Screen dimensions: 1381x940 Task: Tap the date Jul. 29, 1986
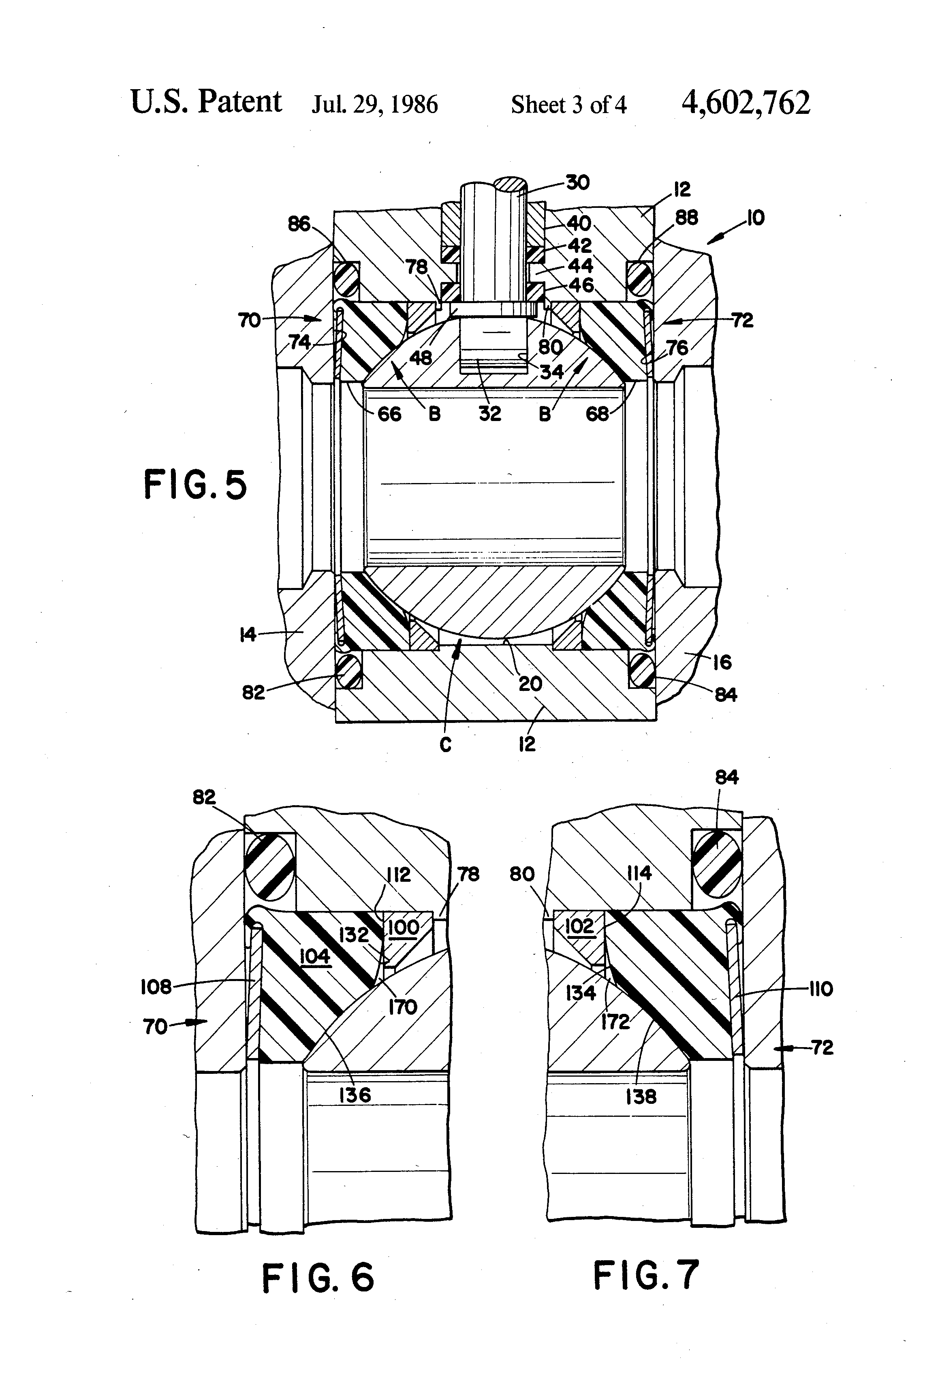375,105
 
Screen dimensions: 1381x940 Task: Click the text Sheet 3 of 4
568,105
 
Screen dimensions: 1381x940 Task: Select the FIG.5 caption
195,485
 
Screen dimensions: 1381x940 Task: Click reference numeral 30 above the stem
577,182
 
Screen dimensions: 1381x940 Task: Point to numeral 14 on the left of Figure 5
248,635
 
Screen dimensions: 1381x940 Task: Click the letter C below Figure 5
446,744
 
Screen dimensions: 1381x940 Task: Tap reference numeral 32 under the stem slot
490,414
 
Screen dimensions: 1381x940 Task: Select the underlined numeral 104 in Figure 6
314,956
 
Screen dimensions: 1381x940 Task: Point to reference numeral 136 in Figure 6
355,1095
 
